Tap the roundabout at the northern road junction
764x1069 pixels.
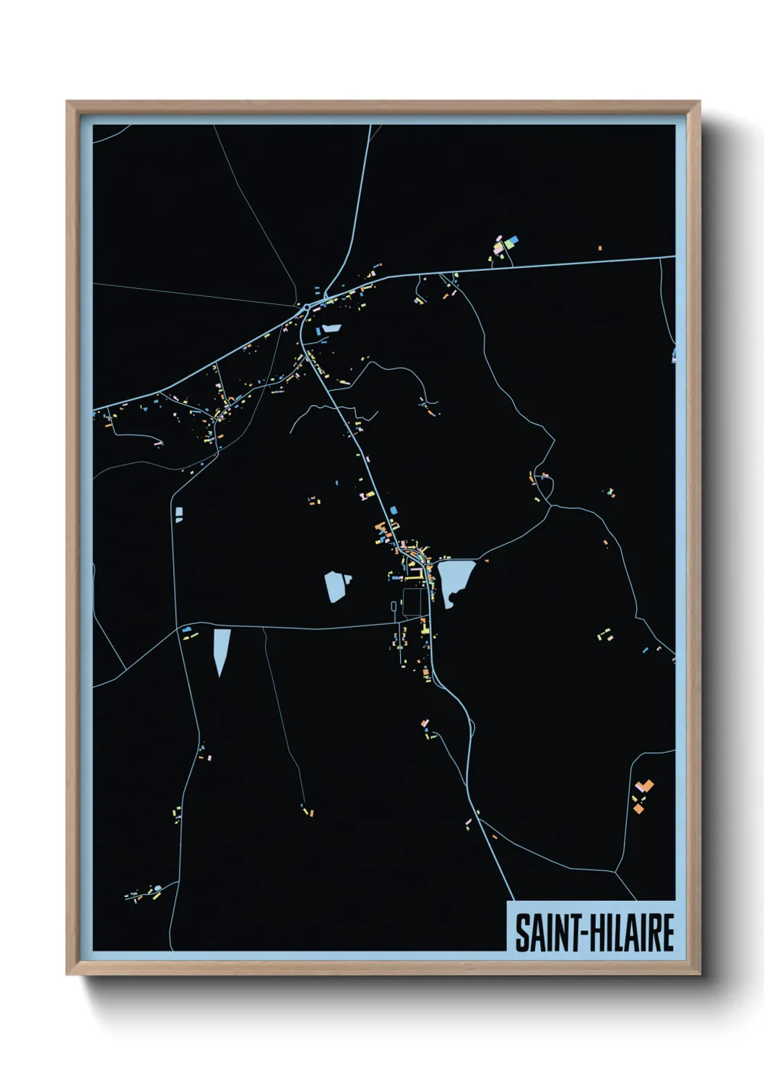308,307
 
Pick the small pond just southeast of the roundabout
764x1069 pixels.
331,328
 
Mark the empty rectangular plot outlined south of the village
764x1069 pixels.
412,602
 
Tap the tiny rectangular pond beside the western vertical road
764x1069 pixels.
178,514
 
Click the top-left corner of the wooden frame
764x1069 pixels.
68,102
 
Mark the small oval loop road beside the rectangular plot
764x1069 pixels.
394,609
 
